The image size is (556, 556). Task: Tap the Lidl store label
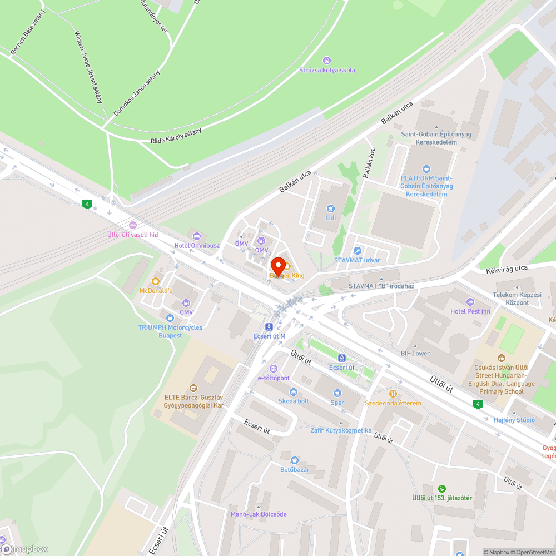331,217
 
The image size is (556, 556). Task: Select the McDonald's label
156,290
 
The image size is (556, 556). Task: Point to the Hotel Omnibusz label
197,245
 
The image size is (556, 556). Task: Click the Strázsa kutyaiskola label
327,70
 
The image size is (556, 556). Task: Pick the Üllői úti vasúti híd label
132,234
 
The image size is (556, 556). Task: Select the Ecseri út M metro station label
269,336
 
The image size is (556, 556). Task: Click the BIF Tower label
415,353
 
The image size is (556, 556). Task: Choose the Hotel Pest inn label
470,311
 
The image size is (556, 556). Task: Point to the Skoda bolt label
293,401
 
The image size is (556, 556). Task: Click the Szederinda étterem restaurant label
393,403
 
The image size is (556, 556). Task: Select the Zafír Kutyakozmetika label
341,430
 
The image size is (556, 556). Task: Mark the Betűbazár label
295,469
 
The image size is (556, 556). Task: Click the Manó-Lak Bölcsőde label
259,514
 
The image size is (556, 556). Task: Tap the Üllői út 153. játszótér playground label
441,498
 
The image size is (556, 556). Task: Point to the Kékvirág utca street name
507,269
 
